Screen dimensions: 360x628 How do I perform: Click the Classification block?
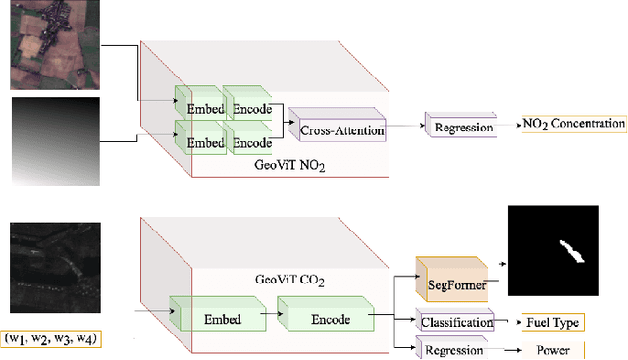(x=457, y=321)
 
